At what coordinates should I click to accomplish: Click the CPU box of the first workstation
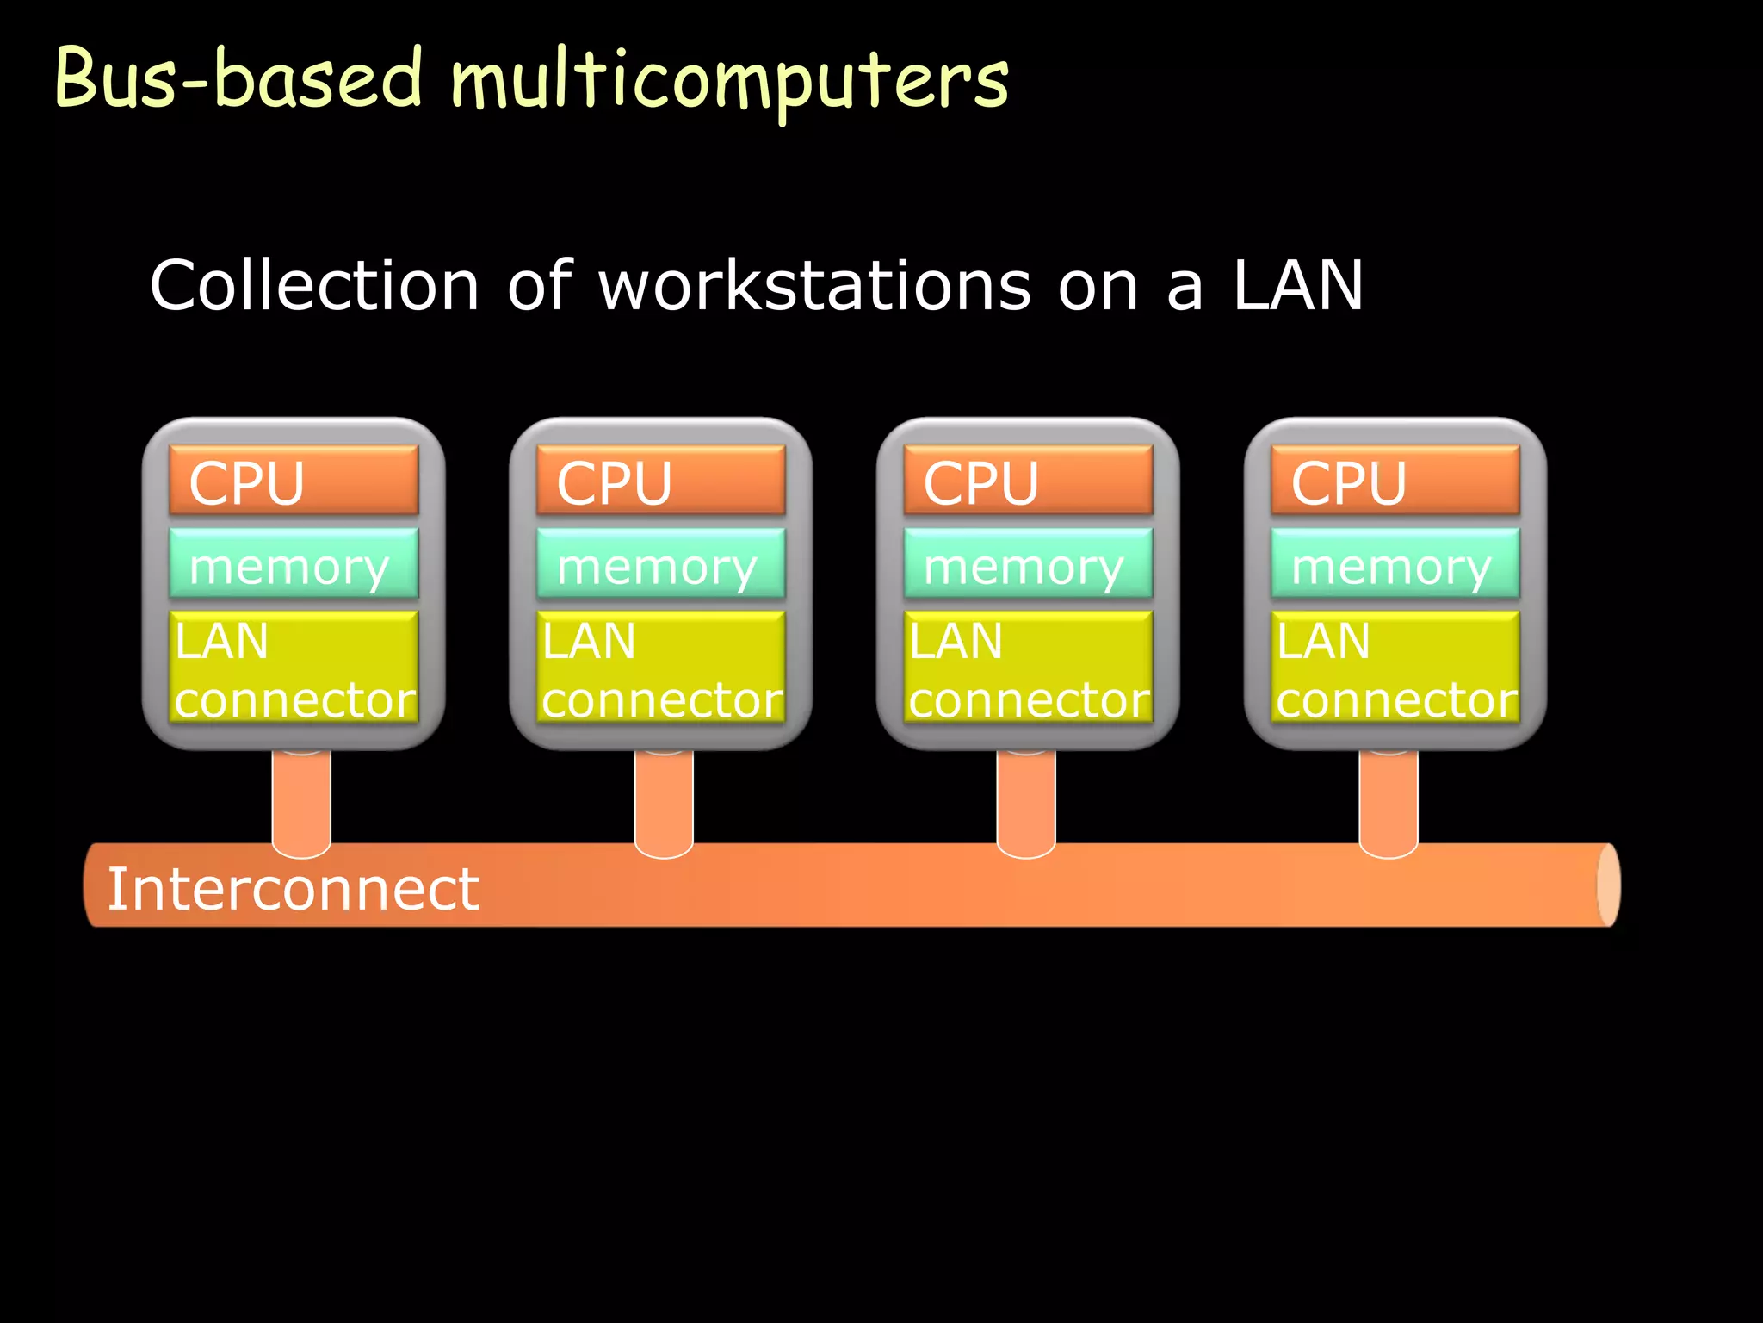[294, 481]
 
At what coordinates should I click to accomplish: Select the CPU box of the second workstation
[661, 481]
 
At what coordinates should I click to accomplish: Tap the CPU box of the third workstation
[1028, 481]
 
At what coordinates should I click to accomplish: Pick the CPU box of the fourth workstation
[1395, 481]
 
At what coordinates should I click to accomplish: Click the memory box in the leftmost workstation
[294, 564]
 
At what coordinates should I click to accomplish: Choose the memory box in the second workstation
[661, 564]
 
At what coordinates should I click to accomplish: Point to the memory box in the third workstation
[1028, 564]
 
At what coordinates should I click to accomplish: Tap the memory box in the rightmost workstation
[1395, 564]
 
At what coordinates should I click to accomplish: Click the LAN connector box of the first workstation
[294, 668]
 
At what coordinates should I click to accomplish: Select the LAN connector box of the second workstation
[661, 668]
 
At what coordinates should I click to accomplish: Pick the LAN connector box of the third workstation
[1028, 668]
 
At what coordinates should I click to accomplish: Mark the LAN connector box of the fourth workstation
[1395, 668]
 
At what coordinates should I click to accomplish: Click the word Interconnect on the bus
[293, 889]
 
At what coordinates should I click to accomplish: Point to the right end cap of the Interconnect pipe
[1608, 885]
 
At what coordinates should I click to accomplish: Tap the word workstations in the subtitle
[814, 286]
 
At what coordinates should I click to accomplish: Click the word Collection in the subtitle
[314, 286]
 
